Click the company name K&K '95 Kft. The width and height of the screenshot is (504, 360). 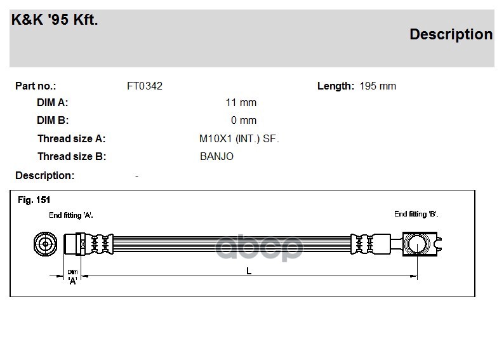(x=55, y=20)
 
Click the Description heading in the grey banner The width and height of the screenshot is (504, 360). (x=451, y=35)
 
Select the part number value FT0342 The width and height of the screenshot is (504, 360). (x=145, y=86)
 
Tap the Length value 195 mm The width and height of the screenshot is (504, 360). (x=378, y=86)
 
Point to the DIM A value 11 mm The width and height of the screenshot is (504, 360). (x=241, y=103)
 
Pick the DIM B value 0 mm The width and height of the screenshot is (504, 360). (x=244, y=121)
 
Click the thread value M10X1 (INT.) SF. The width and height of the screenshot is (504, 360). (x=239, y=139)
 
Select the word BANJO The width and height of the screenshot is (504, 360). (x=216, y=157)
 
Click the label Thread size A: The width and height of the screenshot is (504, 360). (x=71, y=139)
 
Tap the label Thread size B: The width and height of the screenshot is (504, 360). (x=72, y=157)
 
